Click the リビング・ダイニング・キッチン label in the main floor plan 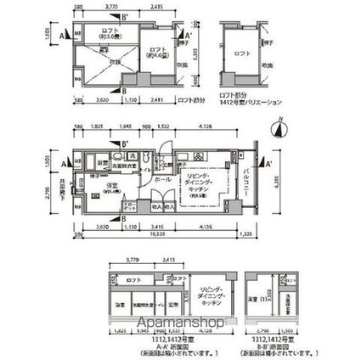click(203, 183)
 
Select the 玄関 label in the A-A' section click(176, 304)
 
